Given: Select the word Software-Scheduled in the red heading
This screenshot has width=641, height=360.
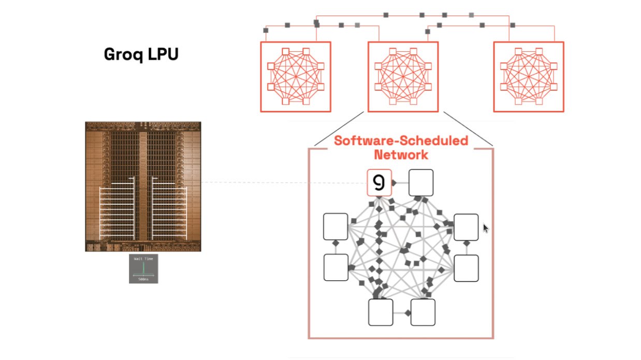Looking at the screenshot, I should coord(401,141).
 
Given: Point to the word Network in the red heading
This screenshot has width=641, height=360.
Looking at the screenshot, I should coord(401,154).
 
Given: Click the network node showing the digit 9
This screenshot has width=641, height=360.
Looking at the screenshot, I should coord(380,183).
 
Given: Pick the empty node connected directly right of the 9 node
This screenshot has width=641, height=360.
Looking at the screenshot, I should coord(421,182).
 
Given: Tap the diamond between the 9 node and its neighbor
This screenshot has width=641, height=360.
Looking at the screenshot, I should coord(394,183).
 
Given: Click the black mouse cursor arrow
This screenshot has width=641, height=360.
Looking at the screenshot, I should coord(485,228).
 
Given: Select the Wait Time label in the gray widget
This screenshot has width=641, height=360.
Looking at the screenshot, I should coord(143,258).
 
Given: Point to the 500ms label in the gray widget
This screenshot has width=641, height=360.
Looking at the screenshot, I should coord(143,279).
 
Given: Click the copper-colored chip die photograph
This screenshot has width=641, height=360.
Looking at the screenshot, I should coord(143,186).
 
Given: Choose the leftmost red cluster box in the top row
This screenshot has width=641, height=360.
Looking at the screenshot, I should coord(296,77).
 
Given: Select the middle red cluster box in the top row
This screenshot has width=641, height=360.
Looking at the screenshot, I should coord(403,77).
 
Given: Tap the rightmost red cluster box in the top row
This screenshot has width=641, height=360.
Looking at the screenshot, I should coord(529,77).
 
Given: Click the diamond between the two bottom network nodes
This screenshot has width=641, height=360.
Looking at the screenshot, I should coord(408,312).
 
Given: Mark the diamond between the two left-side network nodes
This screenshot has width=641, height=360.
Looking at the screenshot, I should coord(336,242).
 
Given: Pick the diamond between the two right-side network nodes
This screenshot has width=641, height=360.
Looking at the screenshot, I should coord(466,243).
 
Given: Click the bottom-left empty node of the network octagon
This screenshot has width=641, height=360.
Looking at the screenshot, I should coord(381,312).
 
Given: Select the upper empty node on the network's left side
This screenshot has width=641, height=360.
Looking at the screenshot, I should coord(336,227).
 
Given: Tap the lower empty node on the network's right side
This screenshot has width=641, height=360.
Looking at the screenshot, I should coord(466,268).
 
